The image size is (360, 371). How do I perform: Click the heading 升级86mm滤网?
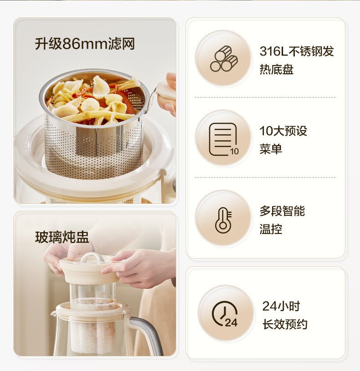tap(85, 44)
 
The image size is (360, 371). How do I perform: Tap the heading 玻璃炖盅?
tap(62, 237)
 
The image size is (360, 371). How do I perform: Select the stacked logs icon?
tap(224, 59)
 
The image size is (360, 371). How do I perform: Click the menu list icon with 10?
tap(224, 139)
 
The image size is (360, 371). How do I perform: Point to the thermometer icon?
tap(223, 220)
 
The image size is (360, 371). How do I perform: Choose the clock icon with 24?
tap(225, 314)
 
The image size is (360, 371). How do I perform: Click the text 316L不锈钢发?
tap(297, 51)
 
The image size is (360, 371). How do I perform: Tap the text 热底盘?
tap(277, 69)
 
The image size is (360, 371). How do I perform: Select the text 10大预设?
tap(283, 131)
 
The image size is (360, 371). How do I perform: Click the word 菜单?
tap(271, 149)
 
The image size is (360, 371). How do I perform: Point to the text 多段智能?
tap(282, 211)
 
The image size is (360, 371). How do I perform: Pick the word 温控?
tap(271, 229)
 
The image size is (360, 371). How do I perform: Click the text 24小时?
tap(281, 306)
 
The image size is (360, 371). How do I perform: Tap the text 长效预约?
tap(285, 325)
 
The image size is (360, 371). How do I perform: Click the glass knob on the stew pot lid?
tap(93, 258)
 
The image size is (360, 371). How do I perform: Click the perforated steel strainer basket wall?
tap(95, 147)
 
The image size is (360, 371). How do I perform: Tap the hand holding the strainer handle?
tap(169, 95)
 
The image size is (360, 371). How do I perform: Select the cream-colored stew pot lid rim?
tap(91, 271)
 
